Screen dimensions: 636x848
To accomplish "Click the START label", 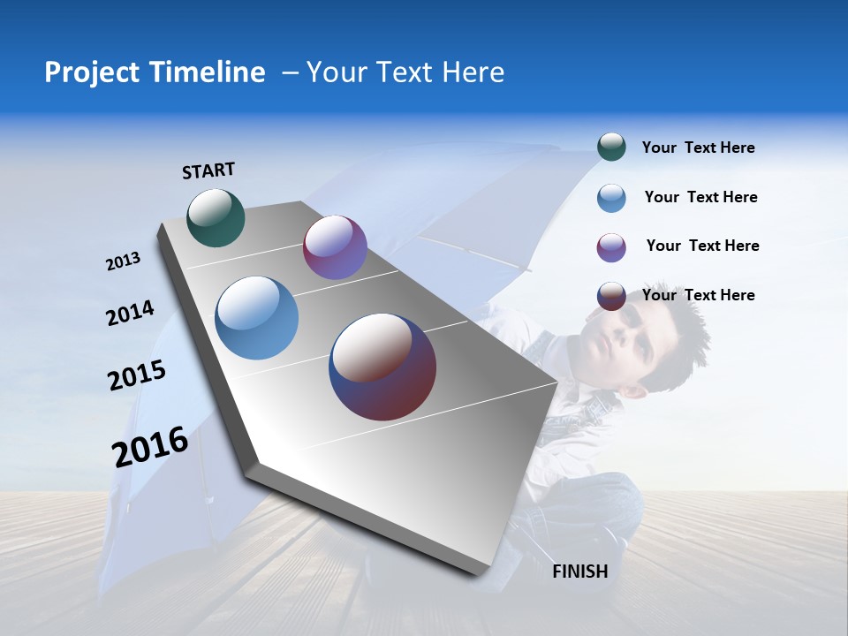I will (x=208, y=170).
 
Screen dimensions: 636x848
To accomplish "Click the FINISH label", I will (x=580, y=572).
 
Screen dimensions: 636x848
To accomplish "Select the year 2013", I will (x=123, y=261).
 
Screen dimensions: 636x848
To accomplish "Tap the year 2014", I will (x=130, y=314).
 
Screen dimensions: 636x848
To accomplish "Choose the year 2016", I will (x=150, y=446).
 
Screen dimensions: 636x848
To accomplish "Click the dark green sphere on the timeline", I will (x=216, y=217).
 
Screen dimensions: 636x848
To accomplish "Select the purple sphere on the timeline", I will (x=335, y=247).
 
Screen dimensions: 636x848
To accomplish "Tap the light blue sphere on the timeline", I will (x=257, y=318).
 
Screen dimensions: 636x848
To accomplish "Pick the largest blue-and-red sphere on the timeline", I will (x=382, y=367).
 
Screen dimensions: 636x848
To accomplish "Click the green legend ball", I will (x=611, y=148).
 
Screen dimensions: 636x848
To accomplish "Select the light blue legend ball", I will (x=611, y=198).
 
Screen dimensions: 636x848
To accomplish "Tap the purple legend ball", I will (x=611, y=247).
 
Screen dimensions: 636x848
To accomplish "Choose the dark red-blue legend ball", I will (x=611, y=296).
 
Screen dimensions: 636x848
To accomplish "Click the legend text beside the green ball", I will (x=698, y=148).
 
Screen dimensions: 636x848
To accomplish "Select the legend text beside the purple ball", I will (x=702, y=246).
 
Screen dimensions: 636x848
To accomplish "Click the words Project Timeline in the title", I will (x=155, y=72).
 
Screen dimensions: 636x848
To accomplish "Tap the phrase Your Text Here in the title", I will (x=405, y=72).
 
